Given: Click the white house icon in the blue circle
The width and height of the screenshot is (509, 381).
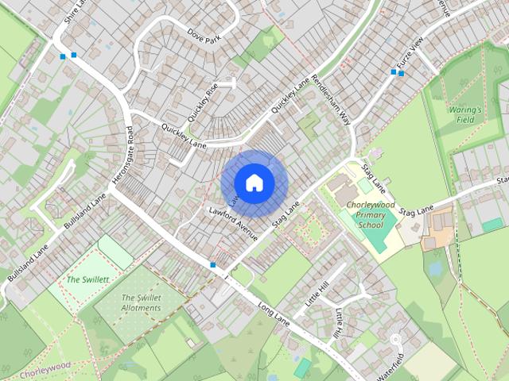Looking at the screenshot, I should click(x=254, y=183).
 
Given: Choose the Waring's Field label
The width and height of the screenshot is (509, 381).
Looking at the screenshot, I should click(x=465, y=114).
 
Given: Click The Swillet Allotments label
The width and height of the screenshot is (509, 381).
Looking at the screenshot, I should click(x=140, y=303).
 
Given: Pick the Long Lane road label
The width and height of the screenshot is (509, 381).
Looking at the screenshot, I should click(x=273, y=314).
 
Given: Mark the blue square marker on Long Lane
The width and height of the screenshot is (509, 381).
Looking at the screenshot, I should click(x=212, y=264).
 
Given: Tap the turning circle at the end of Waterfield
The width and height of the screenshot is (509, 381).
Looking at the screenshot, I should click(x=396, y=340).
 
